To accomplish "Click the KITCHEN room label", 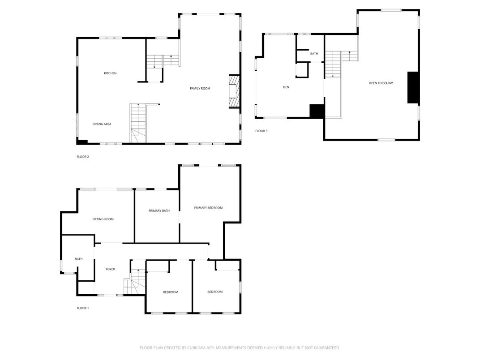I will click(x=110, y=73).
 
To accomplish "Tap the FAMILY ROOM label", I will click(x=200, y=89).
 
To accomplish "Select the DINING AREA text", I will click(x=102, y=124).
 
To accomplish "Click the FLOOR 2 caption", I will click(x=83, y=157).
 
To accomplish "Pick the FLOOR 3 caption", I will click(x=261, y=131).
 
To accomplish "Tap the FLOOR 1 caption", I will click(x=83, y=308).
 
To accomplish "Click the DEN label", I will click(x=286, y=87).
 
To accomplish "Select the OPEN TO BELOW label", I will click(x=381, y=83).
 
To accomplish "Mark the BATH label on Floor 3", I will click(x=314, y=54).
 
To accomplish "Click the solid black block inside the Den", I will click(x=317, y=111).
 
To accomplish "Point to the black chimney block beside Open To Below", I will click(x=412, y=87).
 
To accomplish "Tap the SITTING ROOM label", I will click(x=103, y=219).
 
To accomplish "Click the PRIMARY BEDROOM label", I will click(x=208, y=208).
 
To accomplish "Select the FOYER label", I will click(x=110, y=269).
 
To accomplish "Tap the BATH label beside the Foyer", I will click(x=79, y=259).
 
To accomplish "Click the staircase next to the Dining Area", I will click(x=138, y=123).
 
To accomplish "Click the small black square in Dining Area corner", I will click(x=82, y=142).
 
